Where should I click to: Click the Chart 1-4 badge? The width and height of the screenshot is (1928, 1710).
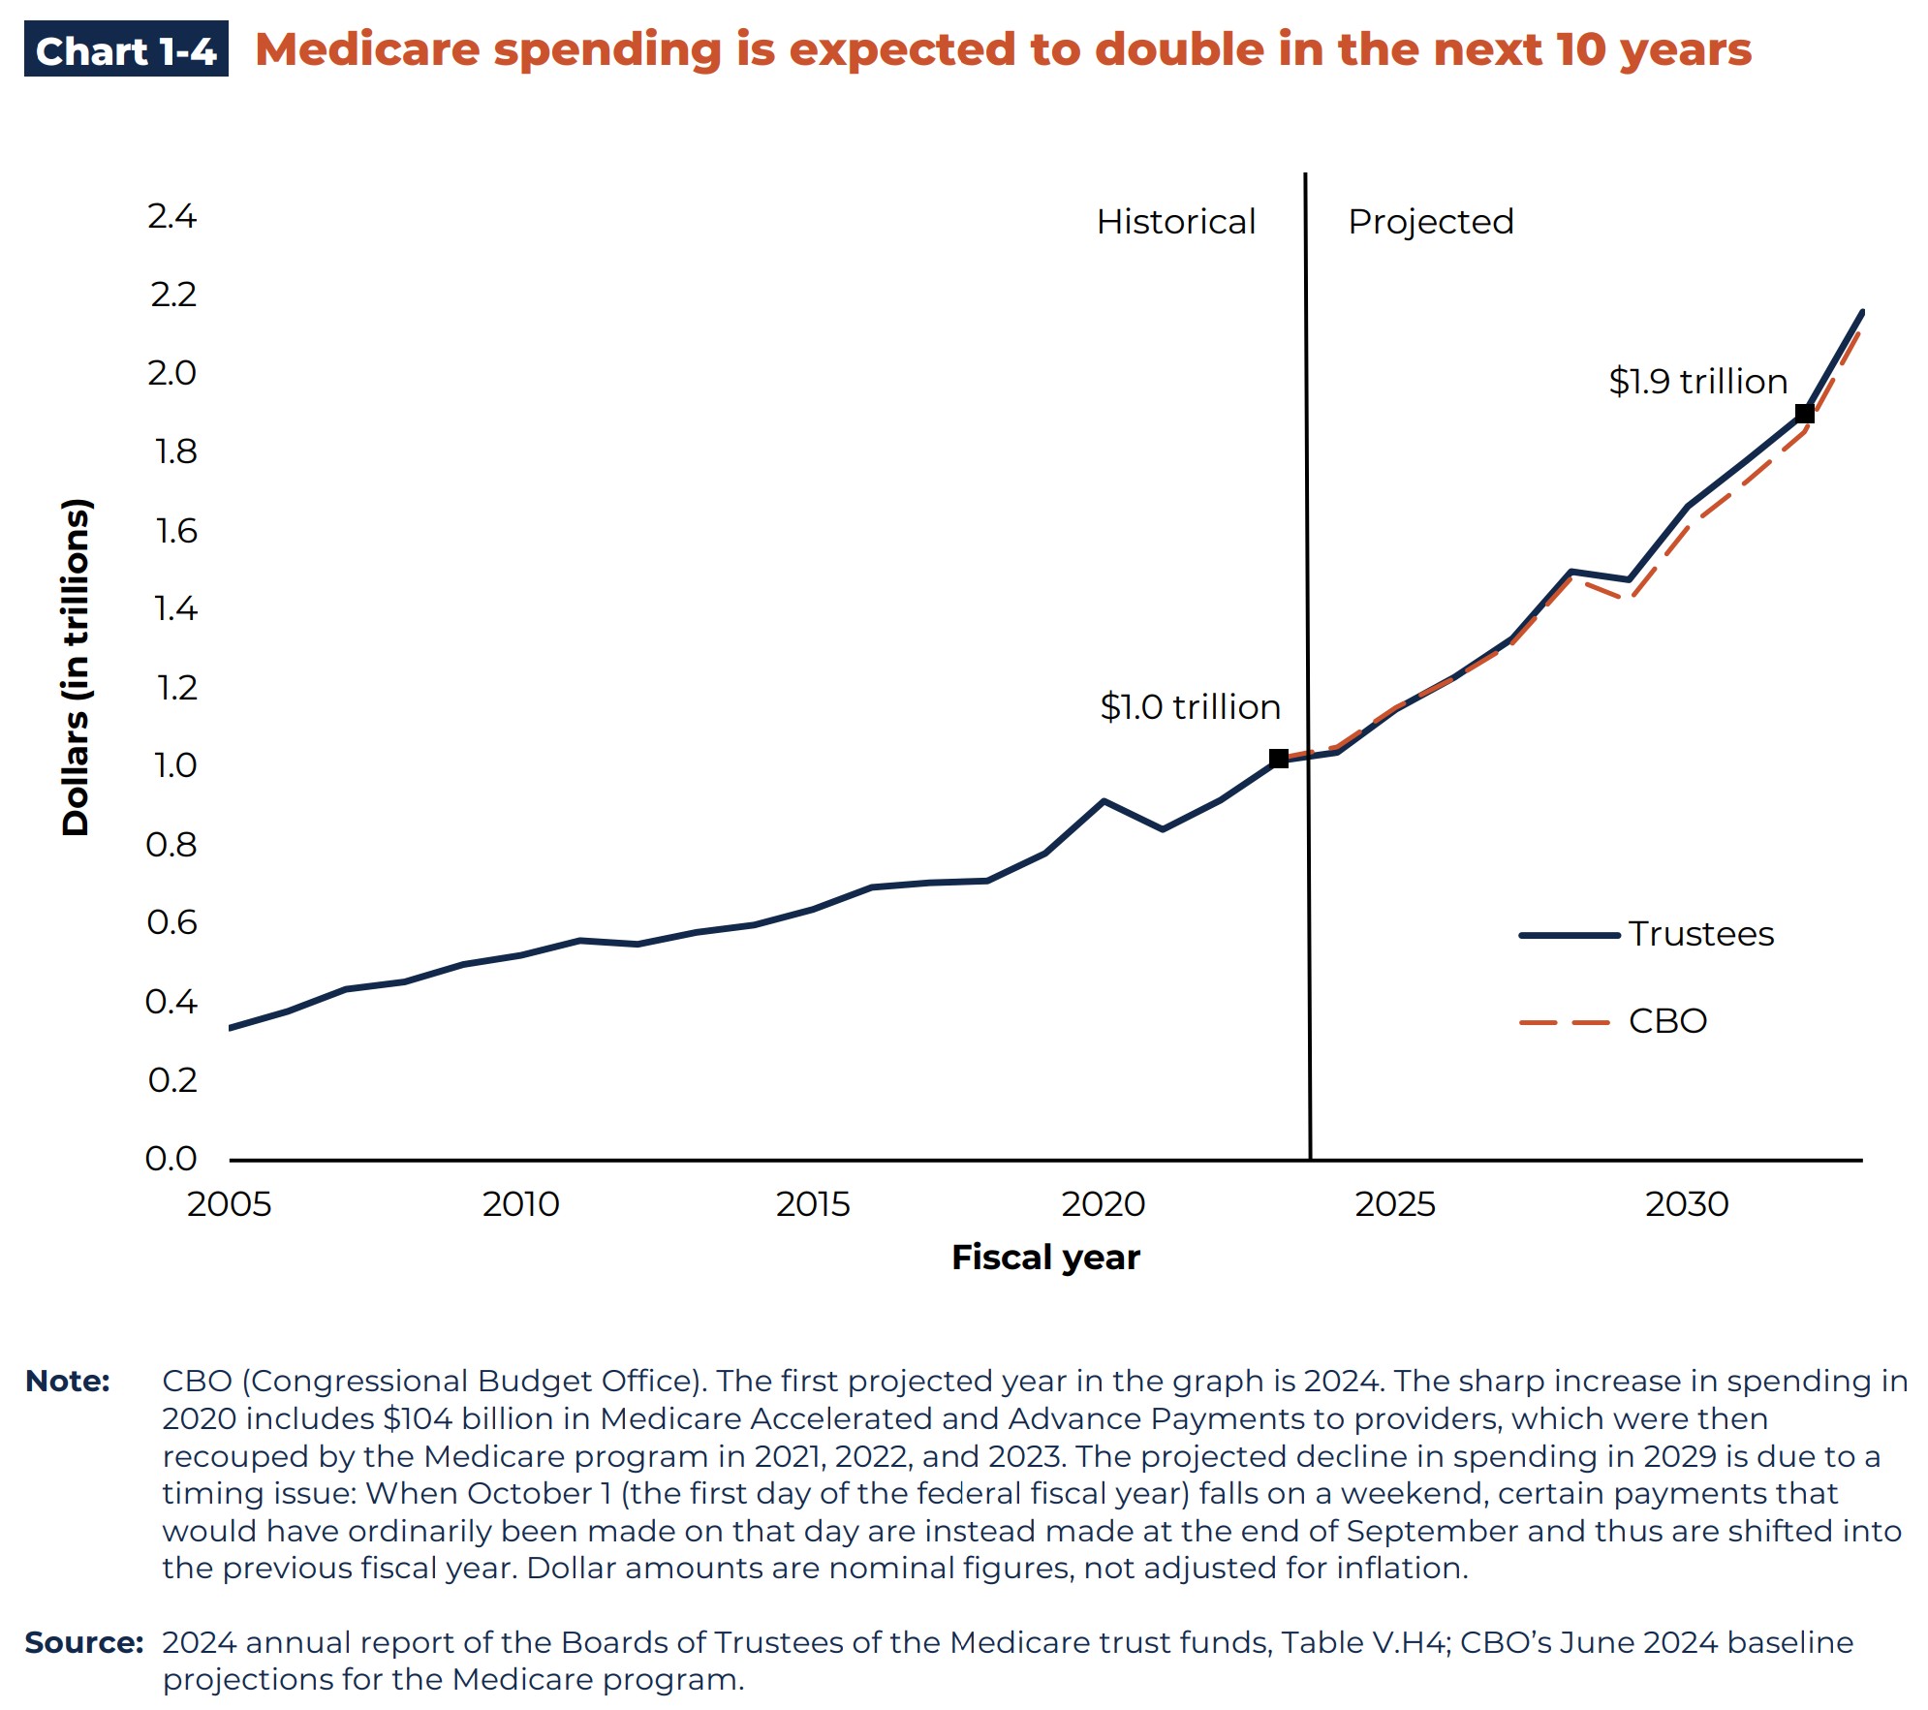126,50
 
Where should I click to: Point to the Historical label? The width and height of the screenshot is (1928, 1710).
1175,222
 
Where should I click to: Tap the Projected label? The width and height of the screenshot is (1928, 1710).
1430,222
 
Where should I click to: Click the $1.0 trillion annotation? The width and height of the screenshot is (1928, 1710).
1190,707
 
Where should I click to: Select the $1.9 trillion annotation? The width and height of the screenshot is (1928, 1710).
1697,382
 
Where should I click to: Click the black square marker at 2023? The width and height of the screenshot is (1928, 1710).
1279,759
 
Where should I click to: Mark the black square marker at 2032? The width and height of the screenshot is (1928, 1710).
1804,414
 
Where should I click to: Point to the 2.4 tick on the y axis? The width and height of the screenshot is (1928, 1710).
172,216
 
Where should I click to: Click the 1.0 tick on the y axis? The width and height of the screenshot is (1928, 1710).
174,766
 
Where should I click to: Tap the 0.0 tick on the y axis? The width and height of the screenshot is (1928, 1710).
171,1159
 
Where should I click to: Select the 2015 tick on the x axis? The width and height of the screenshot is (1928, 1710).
812,1204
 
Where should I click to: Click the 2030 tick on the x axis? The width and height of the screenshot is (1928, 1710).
1686,1204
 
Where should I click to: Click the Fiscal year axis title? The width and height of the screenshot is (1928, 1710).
1045,1258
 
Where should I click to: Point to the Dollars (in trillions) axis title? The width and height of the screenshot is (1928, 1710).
76,667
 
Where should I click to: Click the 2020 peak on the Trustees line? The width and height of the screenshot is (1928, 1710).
1104,801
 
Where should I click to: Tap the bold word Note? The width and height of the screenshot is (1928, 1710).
67,1381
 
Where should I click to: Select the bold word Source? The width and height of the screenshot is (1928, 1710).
83,1642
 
